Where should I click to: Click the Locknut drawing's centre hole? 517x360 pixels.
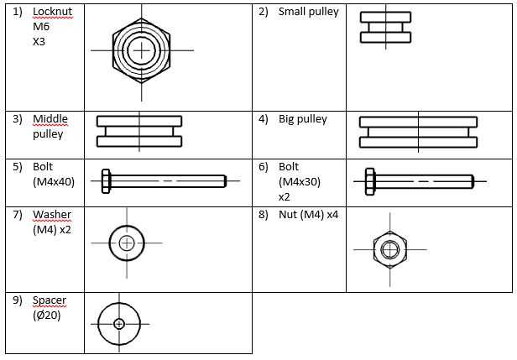point(142,50)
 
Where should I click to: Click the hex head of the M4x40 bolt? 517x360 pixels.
point(107,180)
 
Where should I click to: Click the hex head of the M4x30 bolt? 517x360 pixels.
point(370,180)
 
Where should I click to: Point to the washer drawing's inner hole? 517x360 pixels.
point(127,243)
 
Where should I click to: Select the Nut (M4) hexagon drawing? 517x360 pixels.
point(390,249)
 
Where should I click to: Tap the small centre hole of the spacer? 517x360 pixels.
point(119,323)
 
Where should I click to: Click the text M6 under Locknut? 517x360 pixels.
point(41,27)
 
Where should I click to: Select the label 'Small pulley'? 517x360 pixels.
point(309,13)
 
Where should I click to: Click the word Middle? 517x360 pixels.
point(50,119)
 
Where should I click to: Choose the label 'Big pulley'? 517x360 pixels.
point(303,119)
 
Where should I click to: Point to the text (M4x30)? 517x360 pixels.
point(299,181)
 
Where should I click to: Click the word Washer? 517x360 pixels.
point(52,215)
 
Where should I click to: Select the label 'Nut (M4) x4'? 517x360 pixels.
point(309,215)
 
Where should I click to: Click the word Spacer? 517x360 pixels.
point(50,300)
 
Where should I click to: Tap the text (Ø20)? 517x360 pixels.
point(46,316)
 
